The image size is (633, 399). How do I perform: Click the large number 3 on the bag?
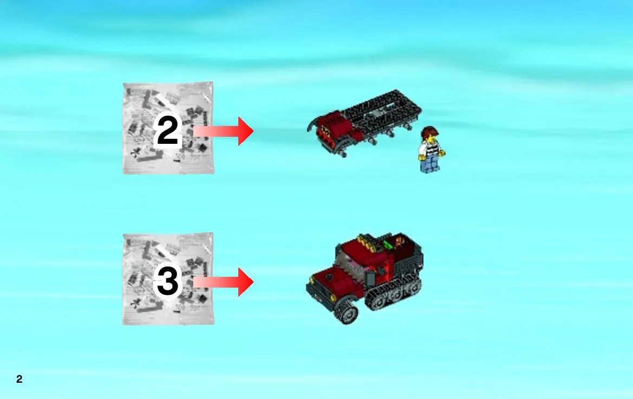click(167, 281)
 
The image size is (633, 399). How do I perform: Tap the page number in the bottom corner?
click(19, 379)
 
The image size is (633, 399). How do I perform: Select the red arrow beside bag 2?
click(223, 131)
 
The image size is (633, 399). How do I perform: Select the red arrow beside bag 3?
click(223, 282)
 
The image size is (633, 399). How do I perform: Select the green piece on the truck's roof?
click(388, 244)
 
